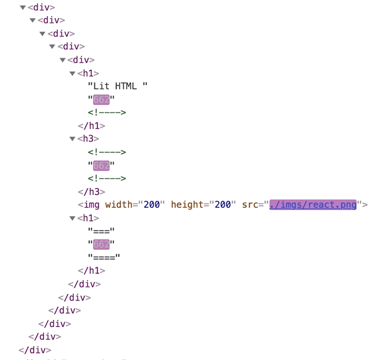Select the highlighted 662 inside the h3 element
tap(102, 165)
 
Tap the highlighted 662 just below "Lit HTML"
tap(102, 99)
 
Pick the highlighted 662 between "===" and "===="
tap(102, 244)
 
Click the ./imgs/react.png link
tap(313, 205)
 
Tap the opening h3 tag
tap(88, 139)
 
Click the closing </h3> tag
tap(91, 192)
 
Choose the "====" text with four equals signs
tap(104, 257)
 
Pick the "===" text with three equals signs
tap(102, 231)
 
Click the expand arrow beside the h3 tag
tap(72, 139)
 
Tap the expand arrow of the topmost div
tap(23, 8)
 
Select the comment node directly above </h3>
tap(107, 178)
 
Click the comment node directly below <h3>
tap(107, 152)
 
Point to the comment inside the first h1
tap(107, 113)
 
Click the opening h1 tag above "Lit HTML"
tap(88, 73)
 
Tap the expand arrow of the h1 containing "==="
tap(72, 218)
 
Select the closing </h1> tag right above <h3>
tap(91, 126)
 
